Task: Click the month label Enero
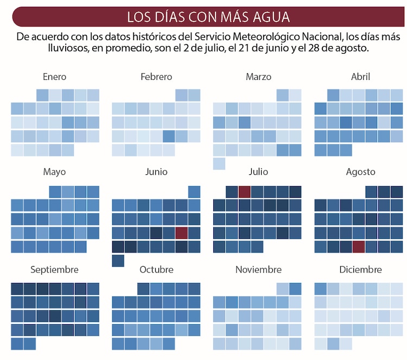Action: [x=54, y=77]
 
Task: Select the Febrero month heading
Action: [x=156, y=77]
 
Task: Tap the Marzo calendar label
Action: [x=258, y=77]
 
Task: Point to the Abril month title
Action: [x=360, y=77]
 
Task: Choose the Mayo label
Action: [x=54, y=172]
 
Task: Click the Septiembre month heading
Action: [x=54, y=270]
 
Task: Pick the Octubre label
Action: [x=156, y=270]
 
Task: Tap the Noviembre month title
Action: [x=258, y=270]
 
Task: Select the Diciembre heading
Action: [x=360, y=270]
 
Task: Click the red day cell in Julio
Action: [x=244, y=192]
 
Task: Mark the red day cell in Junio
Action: [x=181, y=233]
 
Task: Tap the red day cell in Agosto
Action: [x=358, y=247]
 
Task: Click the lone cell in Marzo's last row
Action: [x=219, y=163]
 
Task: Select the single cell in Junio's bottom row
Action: [x=118, y=261]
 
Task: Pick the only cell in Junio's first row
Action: [x=194, y=192]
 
